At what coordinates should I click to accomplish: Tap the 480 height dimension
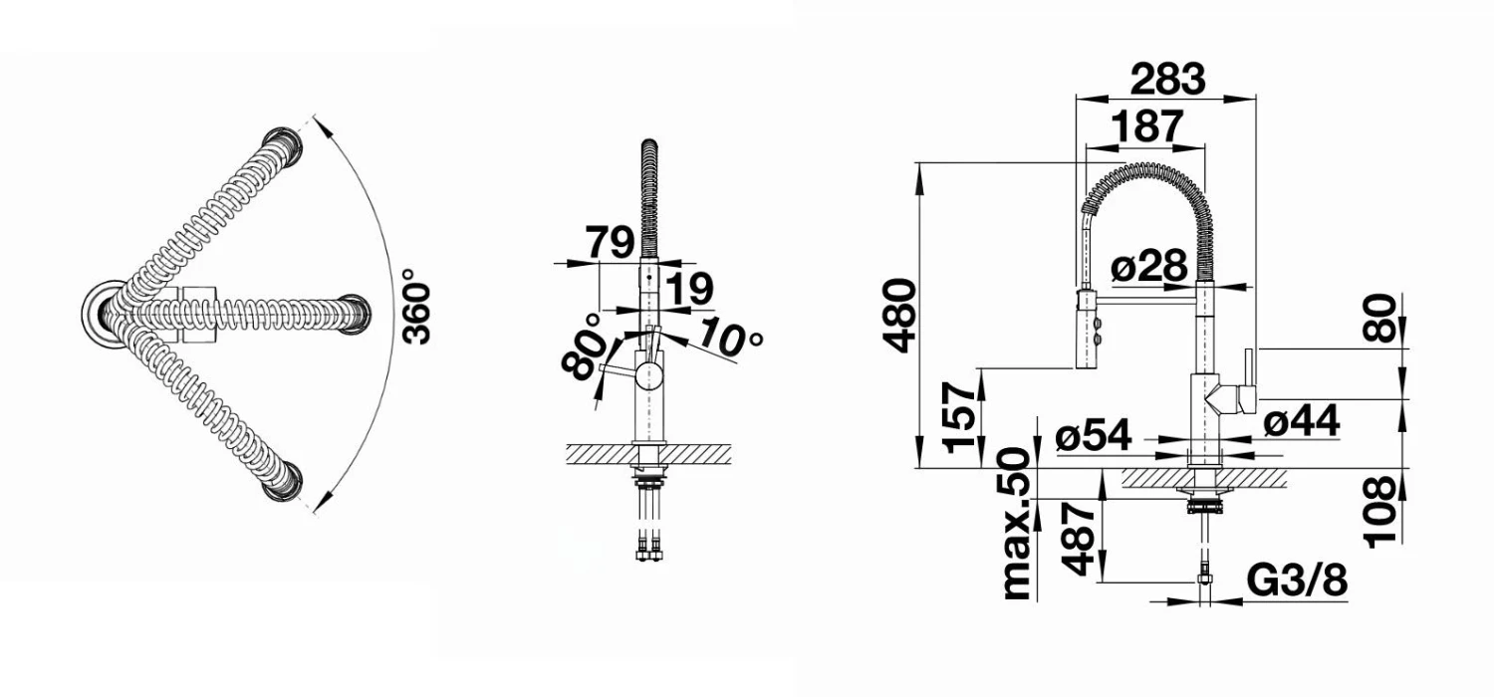[899, 316]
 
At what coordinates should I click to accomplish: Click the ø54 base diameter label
[1095, 434]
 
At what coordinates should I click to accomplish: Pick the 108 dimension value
[1380, 511]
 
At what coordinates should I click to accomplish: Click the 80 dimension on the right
[1381, 319]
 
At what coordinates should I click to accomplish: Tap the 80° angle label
[586, 346]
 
